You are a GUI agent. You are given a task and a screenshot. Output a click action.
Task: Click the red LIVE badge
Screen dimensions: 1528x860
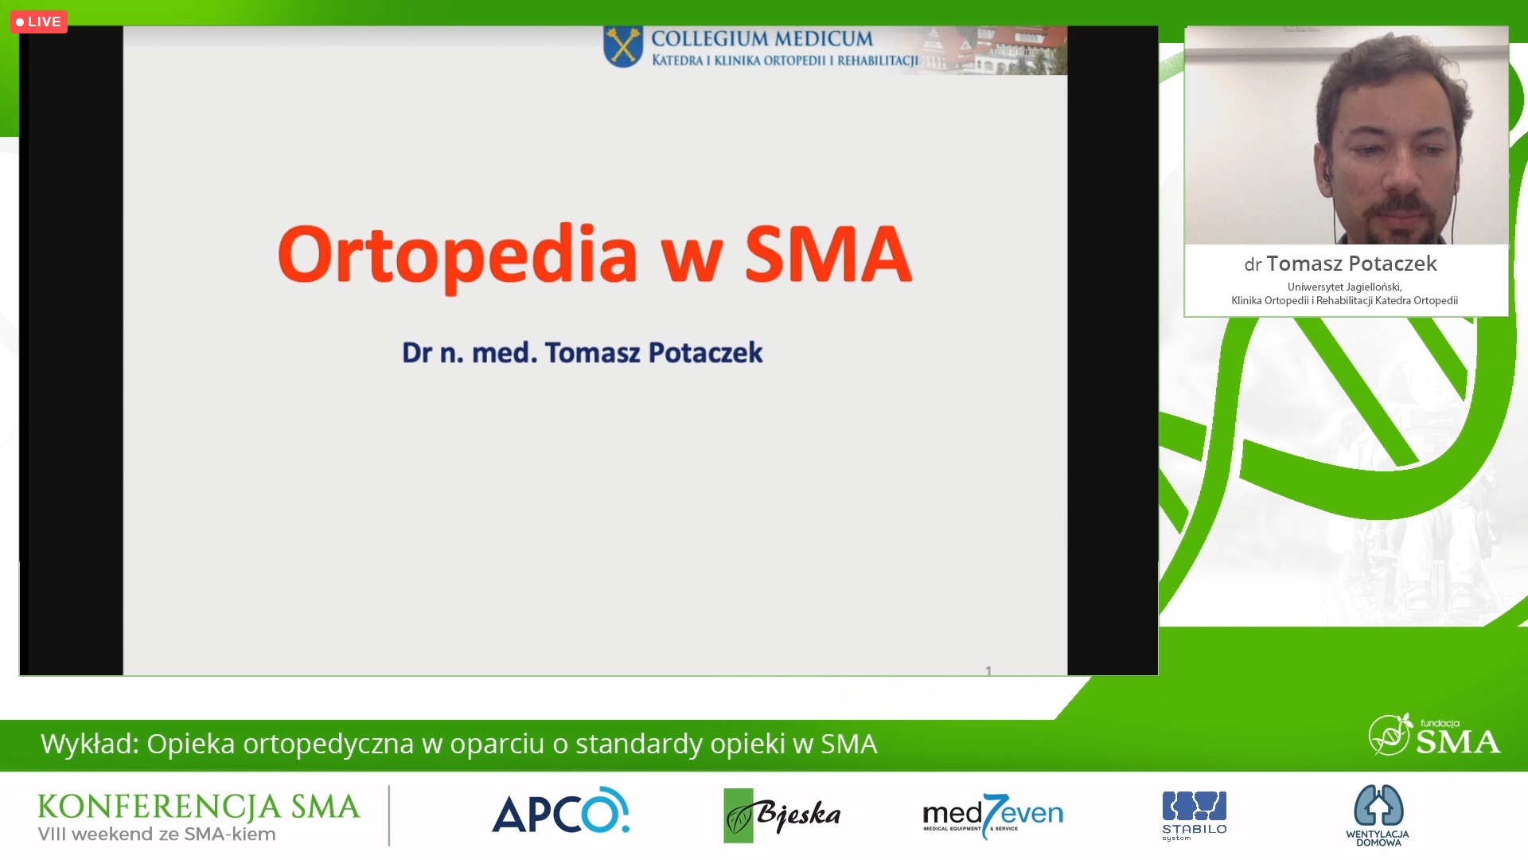tap(38, 21)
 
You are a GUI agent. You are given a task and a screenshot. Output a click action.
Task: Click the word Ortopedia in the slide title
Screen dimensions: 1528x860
tap(458, 255)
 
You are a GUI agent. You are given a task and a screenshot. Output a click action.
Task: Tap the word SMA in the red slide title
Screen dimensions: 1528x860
tap(828, 254)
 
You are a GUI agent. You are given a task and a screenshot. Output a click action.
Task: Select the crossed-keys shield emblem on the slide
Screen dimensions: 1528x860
tap(623, 46)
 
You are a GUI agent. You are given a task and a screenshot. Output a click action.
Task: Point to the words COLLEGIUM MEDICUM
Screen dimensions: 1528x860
tap(762, 38)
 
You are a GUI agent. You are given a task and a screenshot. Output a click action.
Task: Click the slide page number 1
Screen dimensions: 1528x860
tap(988, 670)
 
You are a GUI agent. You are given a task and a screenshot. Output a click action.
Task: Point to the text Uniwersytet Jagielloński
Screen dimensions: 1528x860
tap(1344, 287)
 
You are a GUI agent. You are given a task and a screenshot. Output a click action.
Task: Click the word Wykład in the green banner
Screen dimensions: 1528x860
tap(90, 744)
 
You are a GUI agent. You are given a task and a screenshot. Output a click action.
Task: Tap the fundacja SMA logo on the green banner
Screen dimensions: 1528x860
tap(1434, 735)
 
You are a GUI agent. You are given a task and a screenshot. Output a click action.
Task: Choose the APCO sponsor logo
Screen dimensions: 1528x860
tap(560, 811)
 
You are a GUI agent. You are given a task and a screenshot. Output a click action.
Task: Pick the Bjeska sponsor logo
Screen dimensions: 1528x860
tap(782, 815)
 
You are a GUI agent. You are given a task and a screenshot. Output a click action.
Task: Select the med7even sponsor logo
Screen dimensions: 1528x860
tap(992, 815)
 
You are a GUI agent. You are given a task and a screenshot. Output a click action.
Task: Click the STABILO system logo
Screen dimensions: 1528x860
tap(1194, 815)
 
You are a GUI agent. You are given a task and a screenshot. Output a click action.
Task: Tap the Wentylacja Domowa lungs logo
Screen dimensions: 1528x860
tap(1378, 815)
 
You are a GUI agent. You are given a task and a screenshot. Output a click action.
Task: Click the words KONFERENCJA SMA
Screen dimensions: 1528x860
tap(198, 807)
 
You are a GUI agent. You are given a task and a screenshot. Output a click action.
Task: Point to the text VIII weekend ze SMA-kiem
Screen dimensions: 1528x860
tap(157, 835)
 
